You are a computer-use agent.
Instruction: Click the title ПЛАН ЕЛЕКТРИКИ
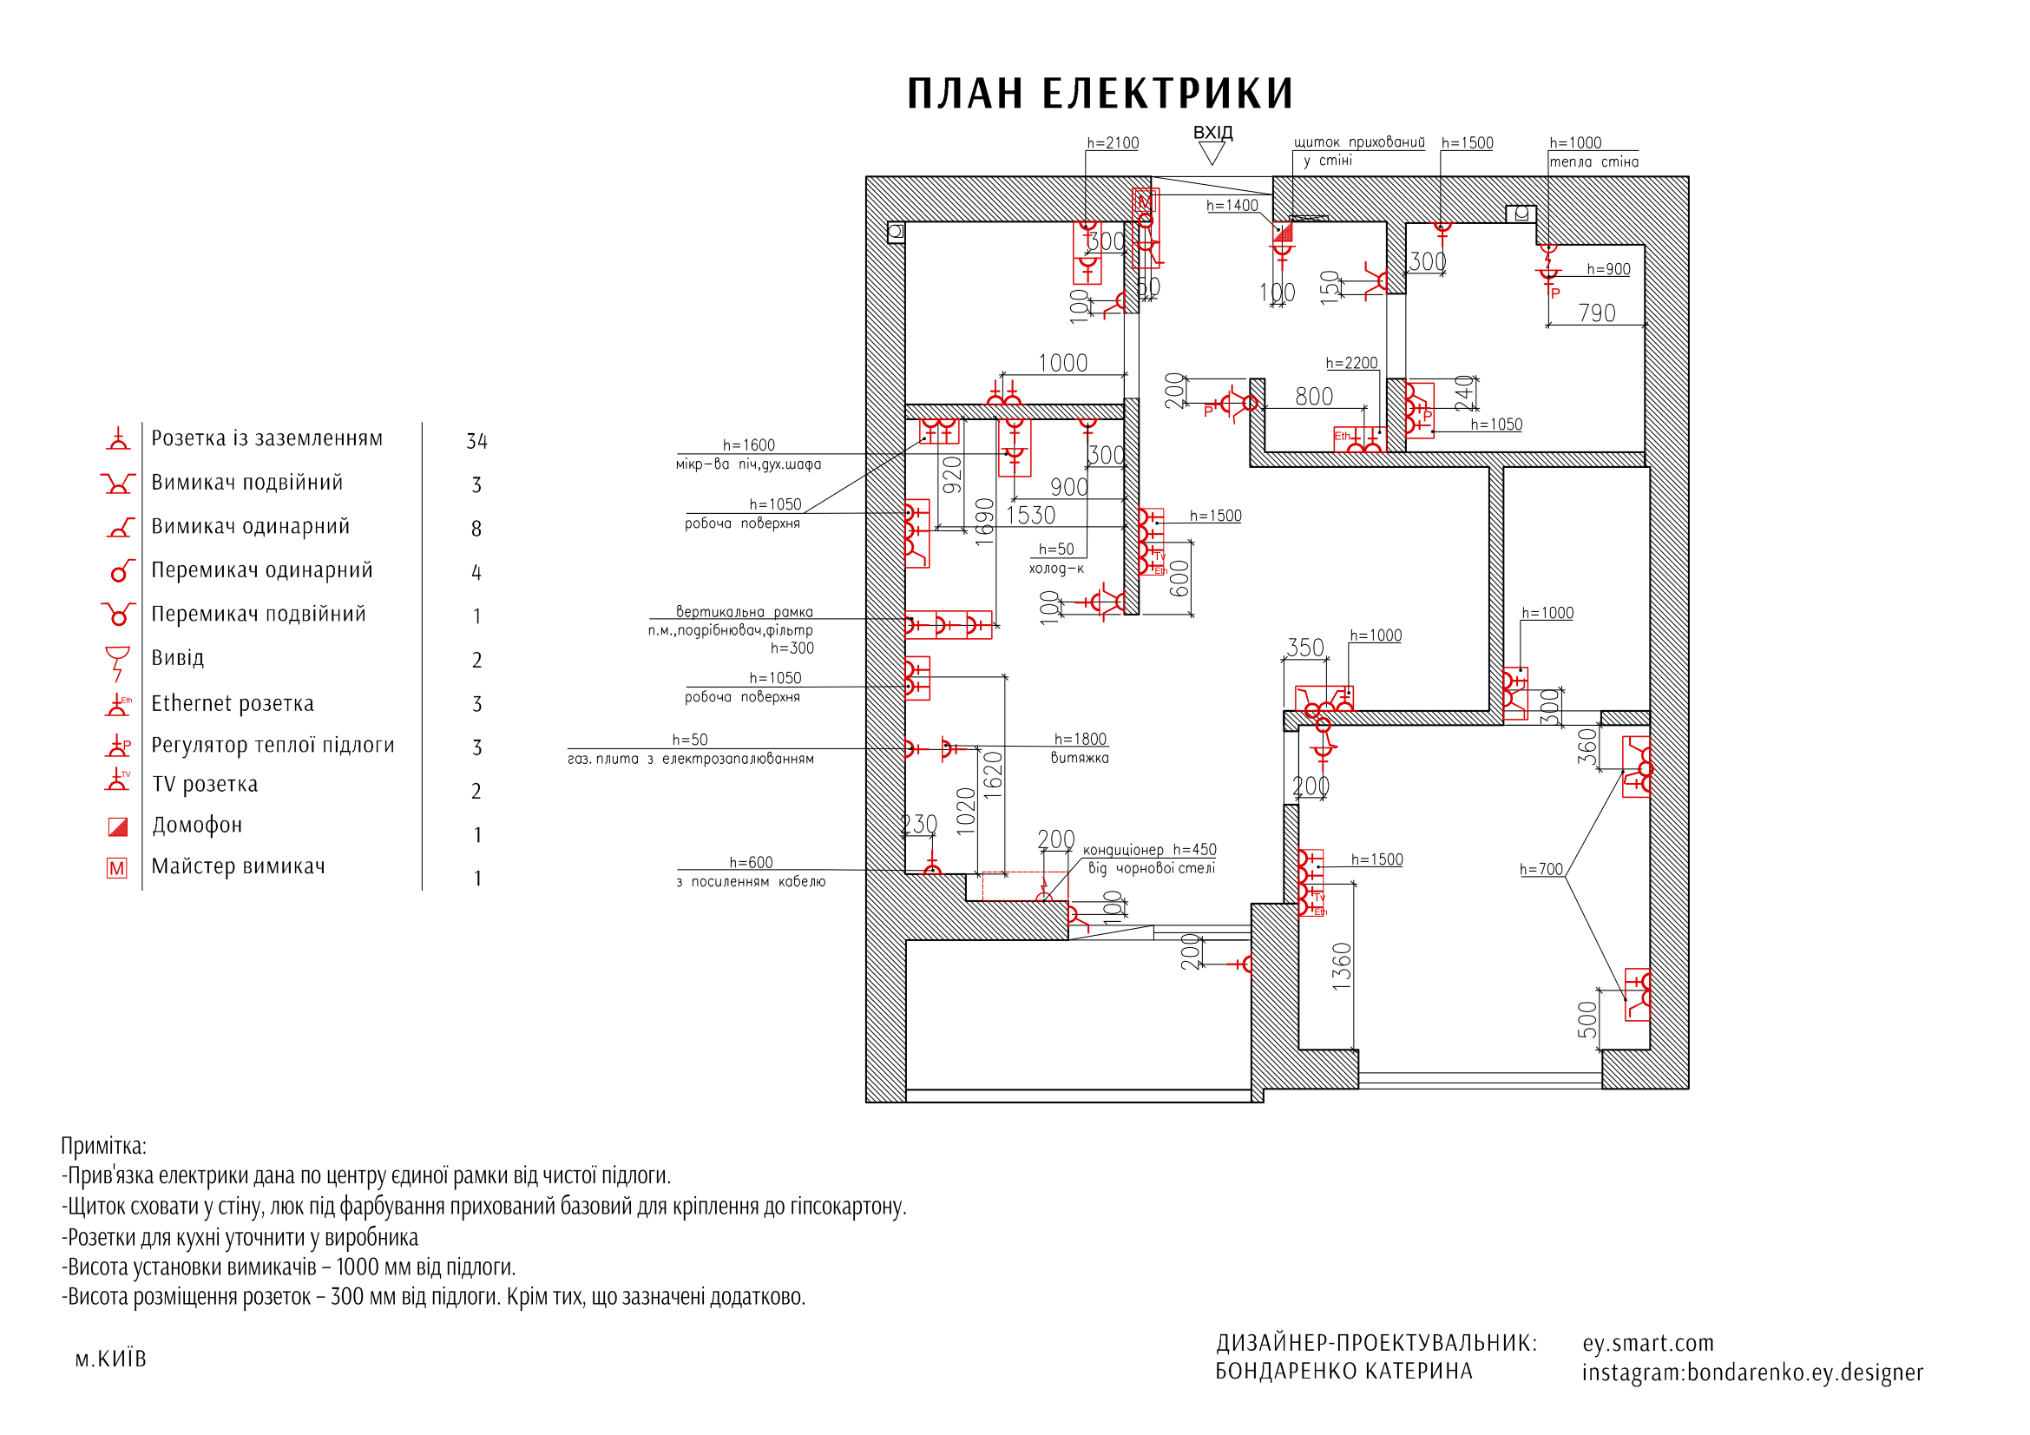[1100, 94]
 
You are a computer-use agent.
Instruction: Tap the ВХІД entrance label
[1212, 133]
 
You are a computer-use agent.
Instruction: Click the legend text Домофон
[197, 825]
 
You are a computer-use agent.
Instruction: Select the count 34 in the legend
[476, 441]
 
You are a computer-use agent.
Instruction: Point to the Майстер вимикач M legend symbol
[116, 868]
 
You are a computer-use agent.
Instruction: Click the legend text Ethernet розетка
[233, 703]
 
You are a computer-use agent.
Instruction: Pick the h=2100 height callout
[1113, 143]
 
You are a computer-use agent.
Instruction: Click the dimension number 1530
[1030, 516]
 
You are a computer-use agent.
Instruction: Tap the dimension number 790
[1596, 313]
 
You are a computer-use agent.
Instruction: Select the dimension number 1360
[1341, 965]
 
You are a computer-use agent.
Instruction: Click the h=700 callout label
[1541, 870]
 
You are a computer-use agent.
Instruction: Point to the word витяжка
[1080, 758]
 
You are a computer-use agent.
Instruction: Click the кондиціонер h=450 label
[1149, 850]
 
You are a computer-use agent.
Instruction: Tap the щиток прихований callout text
[1359, 142]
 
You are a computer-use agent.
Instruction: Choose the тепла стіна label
[1593, 161]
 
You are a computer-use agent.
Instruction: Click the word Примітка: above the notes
[103, 1146]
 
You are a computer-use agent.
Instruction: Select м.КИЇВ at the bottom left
[110, 1359]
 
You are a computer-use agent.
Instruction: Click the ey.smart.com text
[1647, 1343]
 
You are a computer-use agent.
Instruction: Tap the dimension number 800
[1314, 396]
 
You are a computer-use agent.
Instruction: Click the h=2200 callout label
[1351, 364]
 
